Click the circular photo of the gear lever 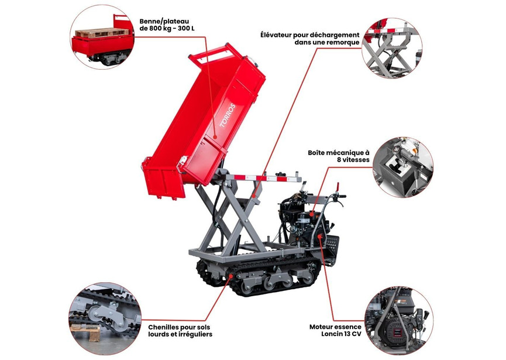point(403,167)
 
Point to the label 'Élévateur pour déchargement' point(309,35)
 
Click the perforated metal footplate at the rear point(332,246)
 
